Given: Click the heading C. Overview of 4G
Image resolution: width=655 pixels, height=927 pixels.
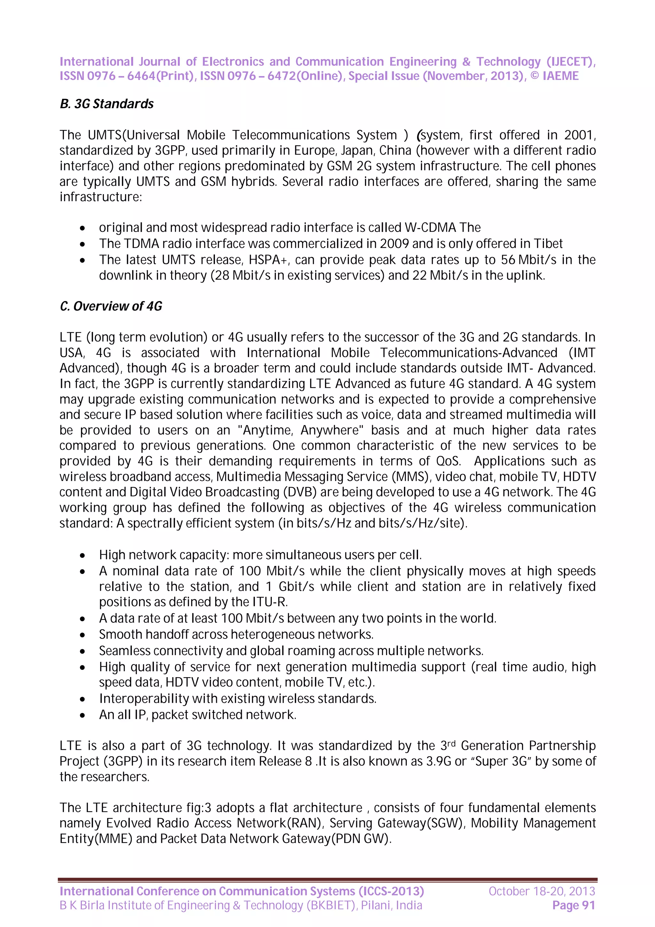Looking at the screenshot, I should click(x=111, y=306).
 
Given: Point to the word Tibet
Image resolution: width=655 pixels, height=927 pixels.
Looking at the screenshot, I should click(x=548, y=243).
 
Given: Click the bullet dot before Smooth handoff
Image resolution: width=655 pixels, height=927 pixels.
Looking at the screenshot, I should click(x=82, y=635).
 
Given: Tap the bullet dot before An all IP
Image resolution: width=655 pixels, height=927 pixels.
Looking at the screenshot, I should click(x=82, y=716).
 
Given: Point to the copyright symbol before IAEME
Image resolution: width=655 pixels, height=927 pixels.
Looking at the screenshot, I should click(x=534, y=76).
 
